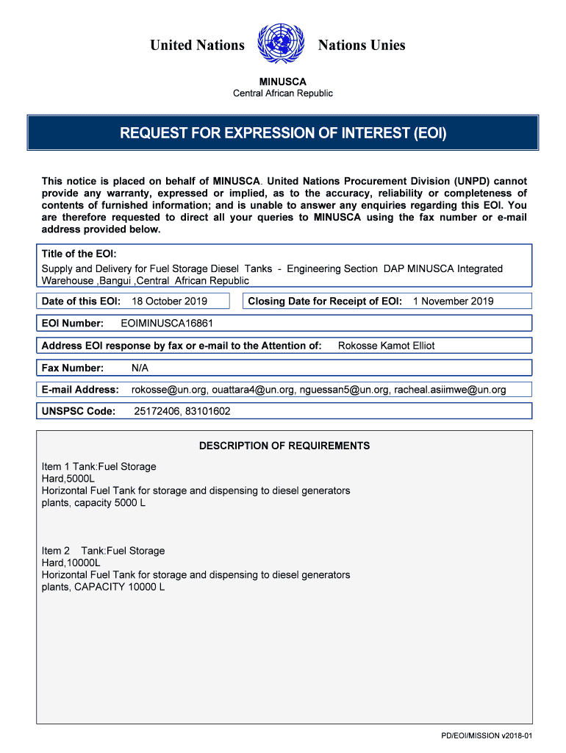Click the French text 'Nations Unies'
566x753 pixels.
[362, 46]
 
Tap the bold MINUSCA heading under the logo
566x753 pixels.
[283, 82]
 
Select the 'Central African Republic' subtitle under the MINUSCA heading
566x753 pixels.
[283, 93]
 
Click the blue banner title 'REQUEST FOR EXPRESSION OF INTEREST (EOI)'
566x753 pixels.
[283, 133]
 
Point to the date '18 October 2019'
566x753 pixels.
[169, 301]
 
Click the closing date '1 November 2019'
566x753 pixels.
[454, 301]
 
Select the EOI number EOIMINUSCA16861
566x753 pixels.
[167, 323]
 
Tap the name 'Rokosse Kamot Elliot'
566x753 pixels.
[386, 346]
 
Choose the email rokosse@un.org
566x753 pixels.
[168, 390]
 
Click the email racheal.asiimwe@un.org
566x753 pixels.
[450, 390]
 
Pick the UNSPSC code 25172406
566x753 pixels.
[156, 411]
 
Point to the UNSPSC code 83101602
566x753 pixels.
[207, 411]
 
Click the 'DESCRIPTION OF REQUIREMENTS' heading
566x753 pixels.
[284, 446]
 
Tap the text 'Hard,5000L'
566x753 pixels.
[68, 479]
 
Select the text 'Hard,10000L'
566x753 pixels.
[71, 563]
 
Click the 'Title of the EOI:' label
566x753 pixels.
[79, 254]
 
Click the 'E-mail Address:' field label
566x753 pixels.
[80, 390]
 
